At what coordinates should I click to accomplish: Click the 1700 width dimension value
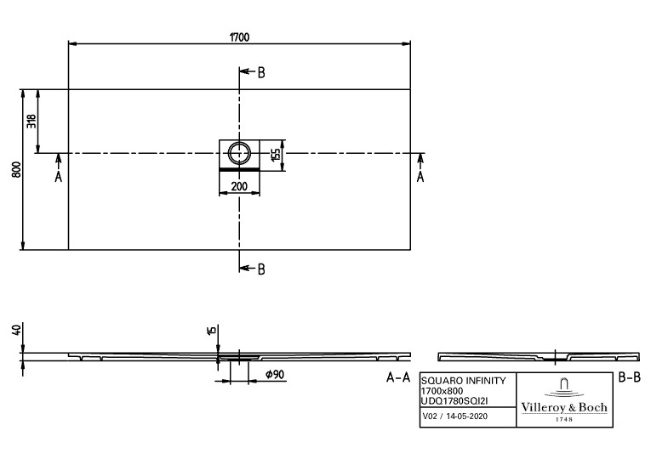pyautogui.click(x=240, y=37)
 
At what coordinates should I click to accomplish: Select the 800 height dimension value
pyautogui.click(x=17, y=170)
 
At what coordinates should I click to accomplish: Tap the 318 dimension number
pyautogui.click(x=32, y=121)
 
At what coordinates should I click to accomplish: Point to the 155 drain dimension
pyautogui.click(x=276, y=155)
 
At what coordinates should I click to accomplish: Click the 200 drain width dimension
pyautogui.click(x=239, y=187)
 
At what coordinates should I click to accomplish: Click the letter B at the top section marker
pyautogui.click(x=261, y=73)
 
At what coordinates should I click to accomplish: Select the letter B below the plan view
pyautogui.click(x=261, y=269)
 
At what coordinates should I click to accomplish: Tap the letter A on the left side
pyautogui.click(x=59, y=177)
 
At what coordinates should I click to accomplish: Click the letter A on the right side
pyautogui.click(x=420, y=177)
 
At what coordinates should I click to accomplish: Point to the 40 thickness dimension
pyautogui.click(x=17, y=331)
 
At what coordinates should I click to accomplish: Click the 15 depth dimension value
pyautogui.click(x=212, y=331)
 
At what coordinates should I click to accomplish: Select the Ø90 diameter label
pyautogui.click(x=274, y=374)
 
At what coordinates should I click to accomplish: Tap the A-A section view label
pyautogui.click(x=398, y=377)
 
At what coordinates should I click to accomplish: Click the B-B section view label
pyautogui.click(x=630, y=377)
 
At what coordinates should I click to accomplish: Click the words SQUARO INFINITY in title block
pyautogui.click(x=464, y=380)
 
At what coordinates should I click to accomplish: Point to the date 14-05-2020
pyautogui.click(x=466, y=416)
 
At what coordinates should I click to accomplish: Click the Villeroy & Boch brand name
pyautogui.click(x=564, y=408)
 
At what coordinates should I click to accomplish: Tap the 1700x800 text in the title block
pyautogui.click(x=443, y=391)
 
